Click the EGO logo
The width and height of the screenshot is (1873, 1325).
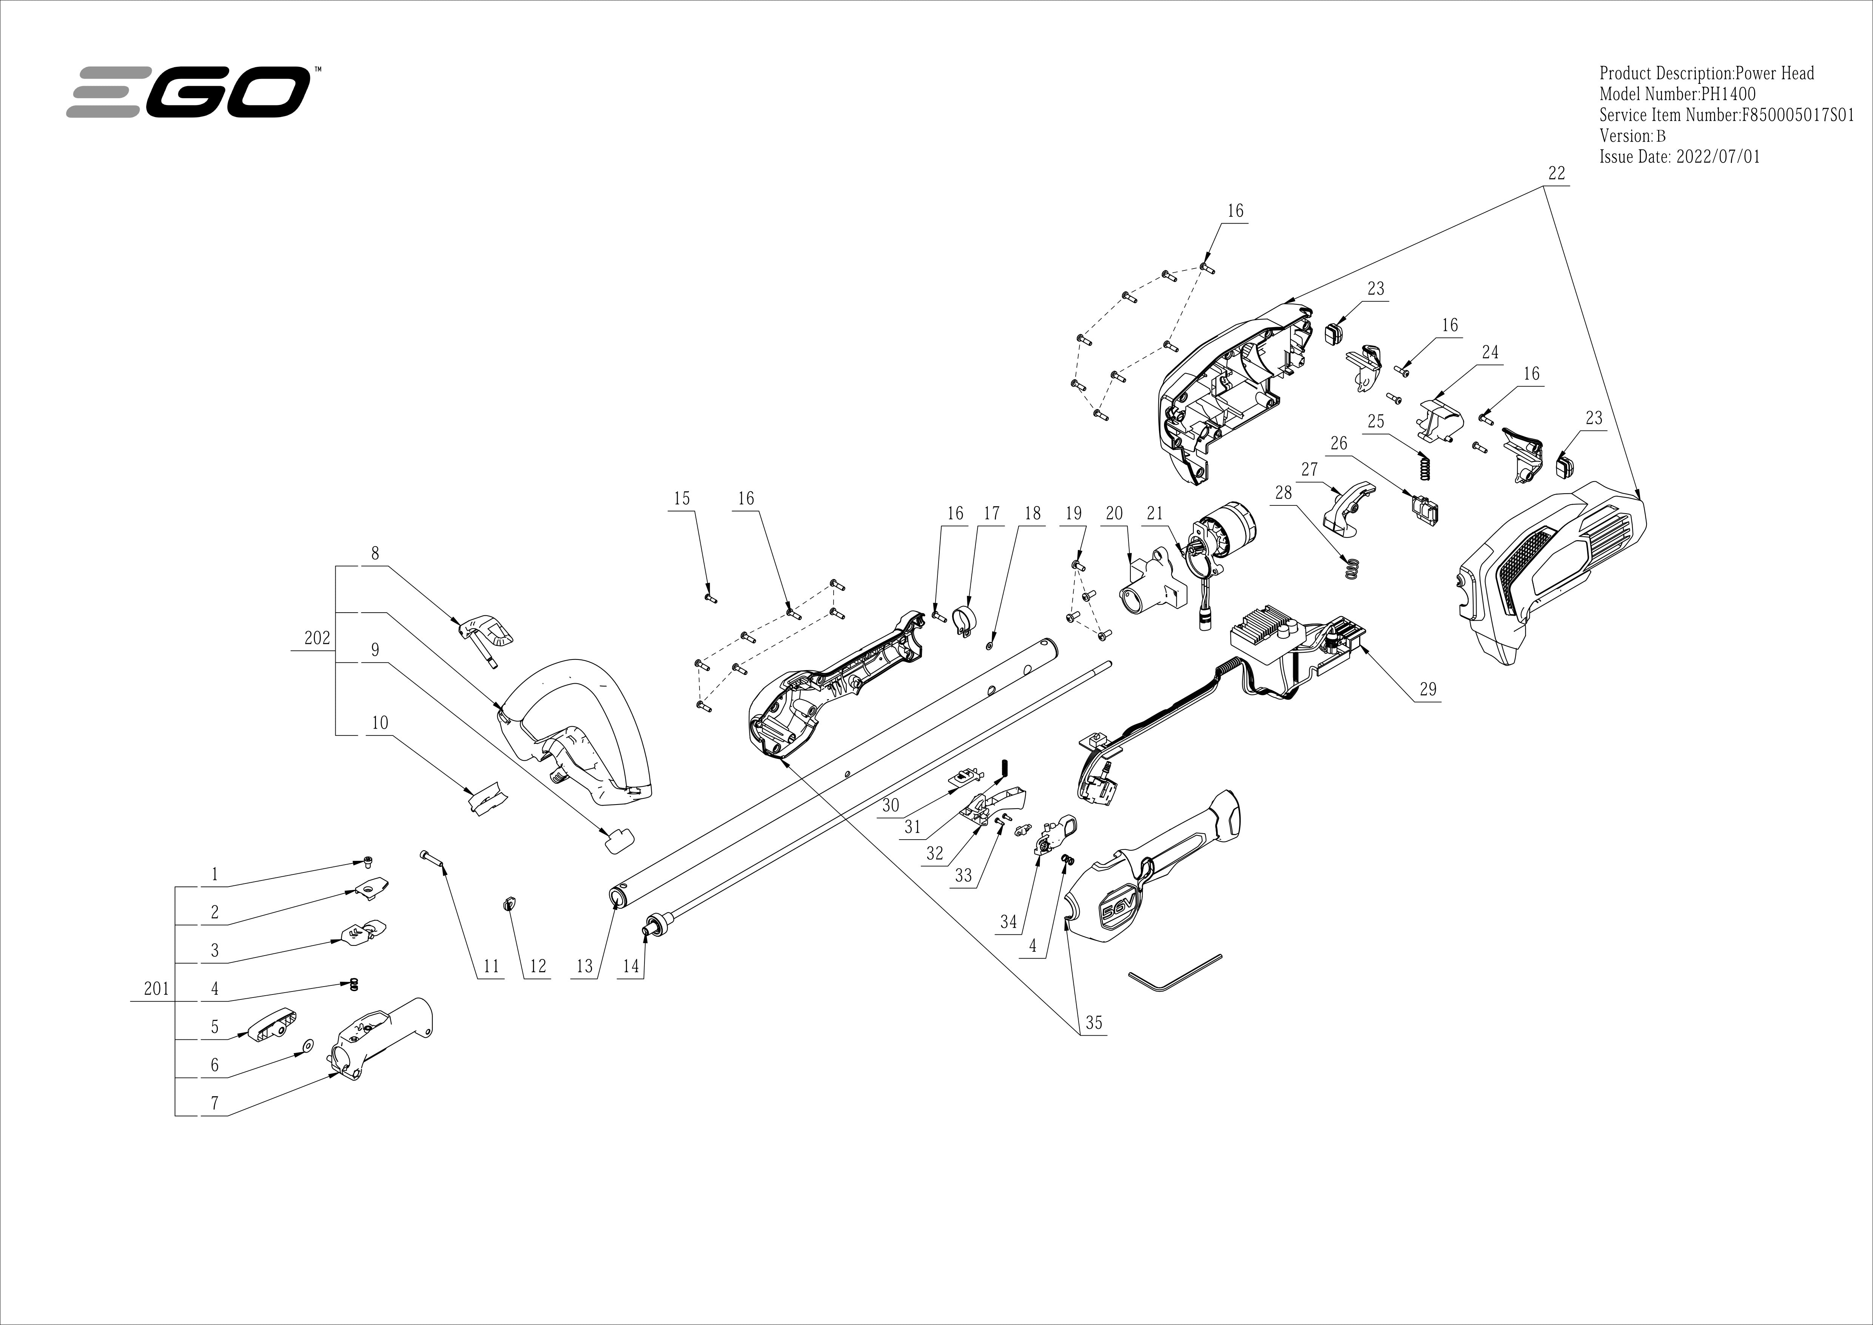pos(189,92)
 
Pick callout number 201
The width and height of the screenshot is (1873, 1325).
pos(156,989)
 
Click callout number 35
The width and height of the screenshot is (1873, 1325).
pos(1093,1022)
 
